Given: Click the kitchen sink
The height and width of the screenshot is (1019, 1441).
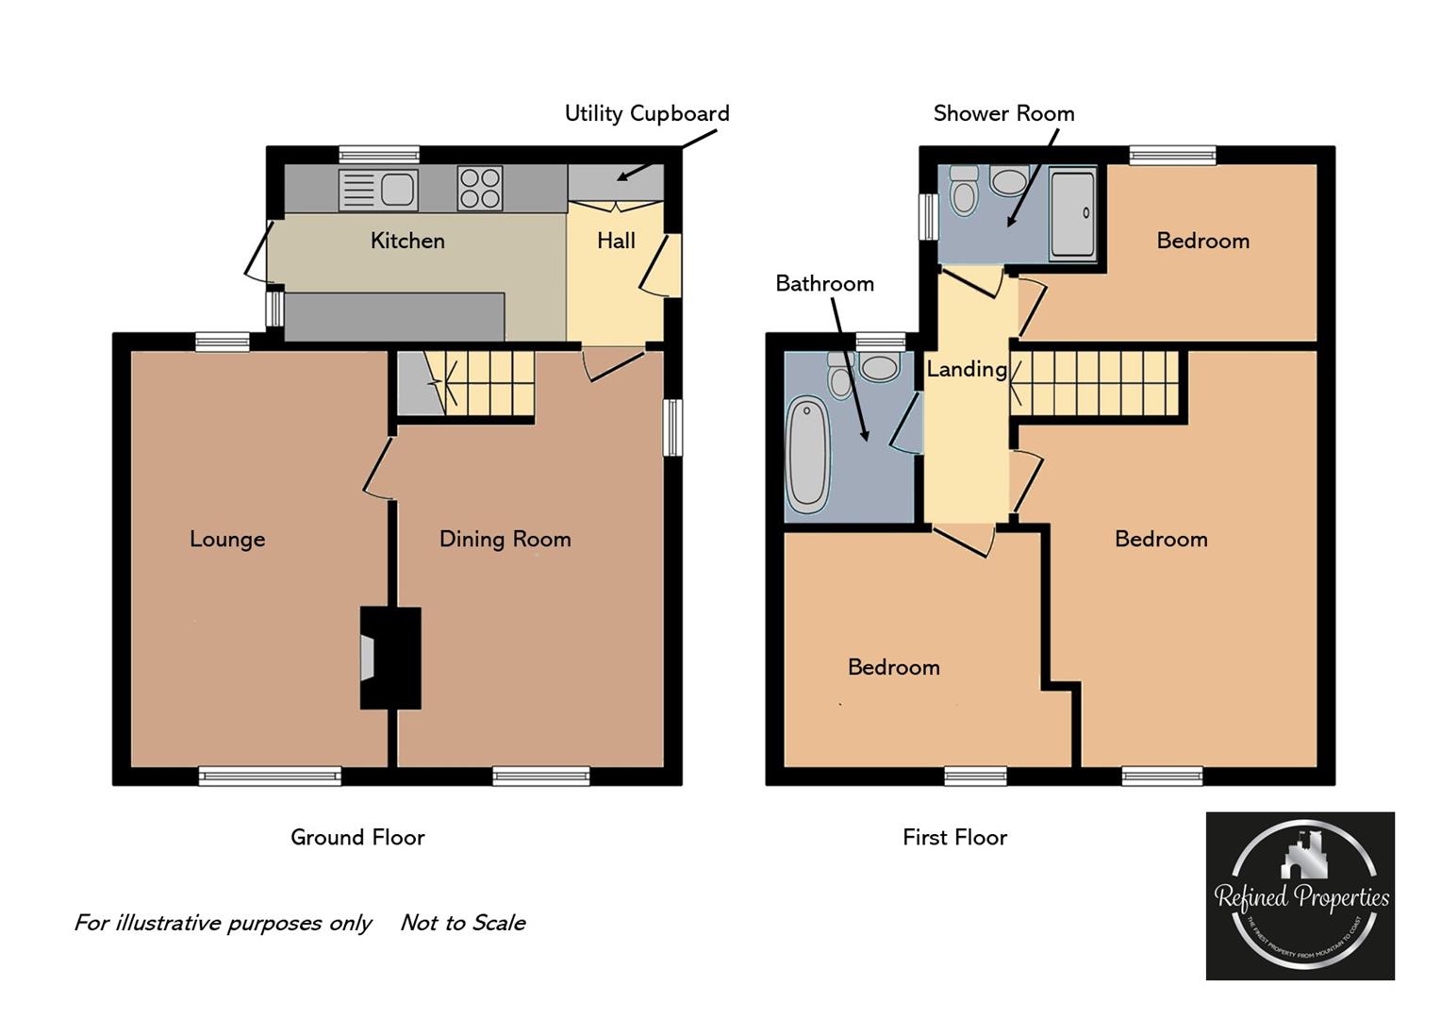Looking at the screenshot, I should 378,190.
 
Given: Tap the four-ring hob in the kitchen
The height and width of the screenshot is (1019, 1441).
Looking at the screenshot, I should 480,188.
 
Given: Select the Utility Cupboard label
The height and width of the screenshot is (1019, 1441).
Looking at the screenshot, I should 647,113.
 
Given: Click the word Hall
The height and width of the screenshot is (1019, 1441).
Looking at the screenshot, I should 616,241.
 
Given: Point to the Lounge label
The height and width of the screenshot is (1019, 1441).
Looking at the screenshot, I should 227,539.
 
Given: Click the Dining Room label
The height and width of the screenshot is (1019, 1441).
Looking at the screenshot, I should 505,539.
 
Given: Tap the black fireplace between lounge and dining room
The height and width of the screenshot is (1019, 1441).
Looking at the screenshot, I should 391,658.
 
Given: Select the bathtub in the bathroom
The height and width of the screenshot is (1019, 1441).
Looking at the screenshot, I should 807,455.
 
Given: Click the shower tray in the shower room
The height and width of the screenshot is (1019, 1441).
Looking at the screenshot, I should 1073,213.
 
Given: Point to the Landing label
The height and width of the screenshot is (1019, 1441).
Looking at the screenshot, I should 966,369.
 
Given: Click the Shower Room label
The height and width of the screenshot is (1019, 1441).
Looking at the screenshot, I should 1003,113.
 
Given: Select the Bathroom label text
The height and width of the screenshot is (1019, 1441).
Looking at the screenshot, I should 824,283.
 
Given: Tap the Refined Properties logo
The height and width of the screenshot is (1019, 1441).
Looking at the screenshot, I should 1300,895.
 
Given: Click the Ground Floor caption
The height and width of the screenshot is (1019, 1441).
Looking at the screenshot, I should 357,837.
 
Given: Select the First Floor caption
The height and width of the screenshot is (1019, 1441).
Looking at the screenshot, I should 954,837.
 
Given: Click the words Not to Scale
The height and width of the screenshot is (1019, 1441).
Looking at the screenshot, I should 463,923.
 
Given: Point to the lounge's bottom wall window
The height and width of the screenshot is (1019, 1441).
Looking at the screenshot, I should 270,777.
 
